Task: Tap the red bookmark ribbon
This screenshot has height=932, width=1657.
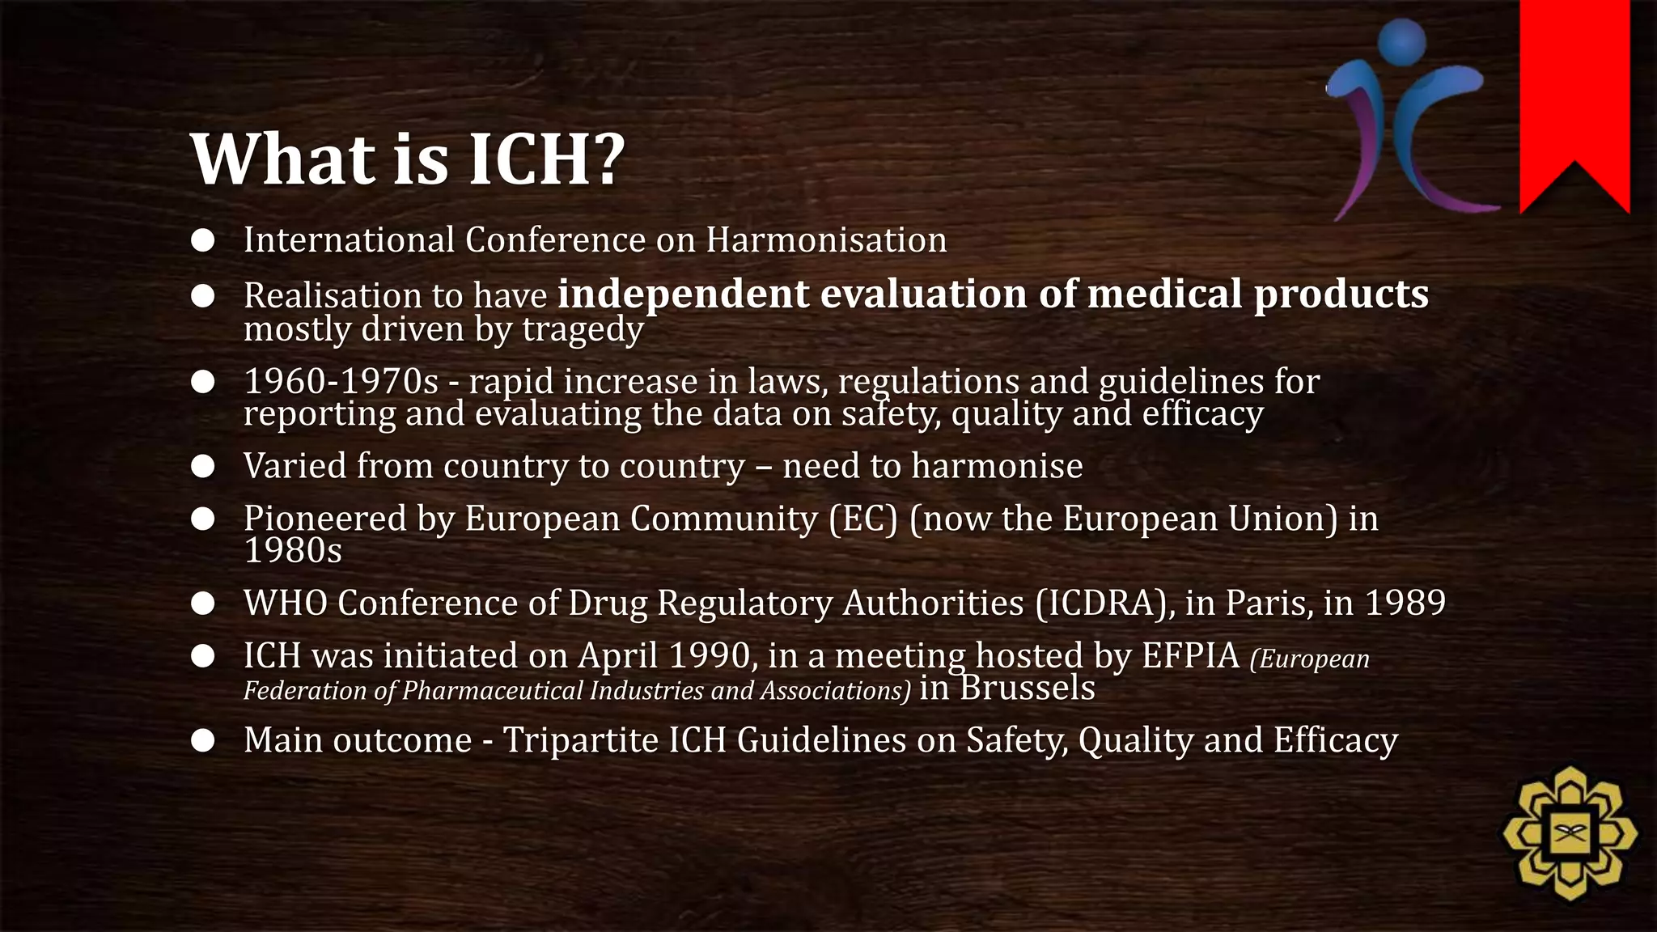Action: (1574, 89)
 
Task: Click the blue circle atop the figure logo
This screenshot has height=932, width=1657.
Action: (1401, 40)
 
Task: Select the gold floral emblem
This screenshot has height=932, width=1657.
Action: (1570, 833)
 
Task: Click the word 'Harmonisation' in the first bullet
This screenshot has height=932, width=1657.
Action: (826, 240)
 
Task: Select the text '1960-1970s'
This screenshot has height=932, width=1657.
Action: (341, 381)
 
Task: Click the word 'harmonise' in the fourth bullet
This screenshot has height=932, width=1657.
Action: (997, 466)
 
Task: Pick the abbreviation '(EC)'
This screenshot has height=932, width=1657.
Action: (863, 519)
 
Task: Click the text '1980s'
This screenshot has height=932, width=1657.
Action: (293, 551)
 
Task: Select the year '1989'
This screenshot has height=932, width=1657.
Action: (1405, 603)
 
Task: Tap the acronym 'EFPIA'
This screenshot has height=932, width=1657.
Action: (1190, 656)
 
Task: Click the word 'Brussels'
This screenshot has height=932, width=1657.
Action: (1028, 688)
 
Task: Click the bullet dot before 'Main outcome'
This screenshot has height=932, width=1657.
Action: (203, 740)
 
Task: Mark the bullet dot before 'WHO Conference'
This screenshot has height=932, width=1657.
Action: (203, 604)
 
